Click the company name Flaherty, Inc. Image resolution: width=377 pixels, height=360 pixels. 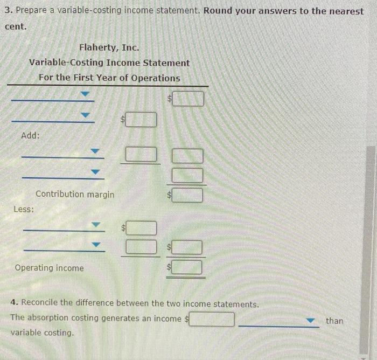[x=109, y=47]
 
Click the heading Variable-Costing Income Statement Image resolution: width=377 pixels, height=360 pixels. [x=109, y=63]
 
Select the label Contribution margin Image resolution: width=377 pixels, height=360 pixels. [x=75, y=194]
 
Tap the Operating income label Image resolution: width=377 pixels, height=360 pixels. [x=50, y=268]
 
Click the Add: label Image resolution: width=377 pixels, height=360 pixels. [x=30, y=135]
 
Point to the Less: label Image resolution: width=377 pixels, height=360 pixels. [x=24, y=209]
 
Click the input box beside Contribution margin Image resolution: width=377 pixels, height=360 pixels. [x=187, y=195]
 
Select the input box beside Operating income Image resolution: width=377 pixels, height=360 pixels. [x=187, y=267]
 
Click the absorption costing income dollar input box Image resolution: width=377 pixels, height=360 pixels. [x=212, y=320]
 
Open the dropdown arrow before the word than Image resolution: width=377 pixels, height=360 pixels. [x=310, y=320]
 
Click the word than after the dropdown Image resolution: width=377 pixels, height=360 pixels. [x=334, y=321]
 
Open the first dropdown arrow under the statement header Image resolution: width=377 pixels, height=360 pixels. [x=85, y=94]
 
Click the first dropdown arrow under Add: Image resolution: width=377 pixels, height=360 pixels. [x=95, y=151]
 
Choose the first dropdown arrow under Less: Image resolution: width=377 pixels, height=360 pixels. [x=96, y=225]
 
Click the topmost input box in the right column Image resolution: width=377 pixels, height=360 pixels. [x=188, y=99]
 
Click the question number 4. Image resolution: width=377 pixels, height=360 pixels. [x=14, y=302]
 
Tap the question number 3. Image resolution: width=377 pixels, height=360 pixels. [x=9, y=10]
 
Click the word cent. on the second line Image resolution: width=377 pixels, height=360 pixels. [x=16, y=26]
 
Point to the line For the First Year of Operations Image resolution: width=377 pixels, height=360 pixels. [x=109, y=78]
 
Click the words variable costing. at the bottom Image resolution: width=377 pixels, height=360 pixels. [x=42, y=333]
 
